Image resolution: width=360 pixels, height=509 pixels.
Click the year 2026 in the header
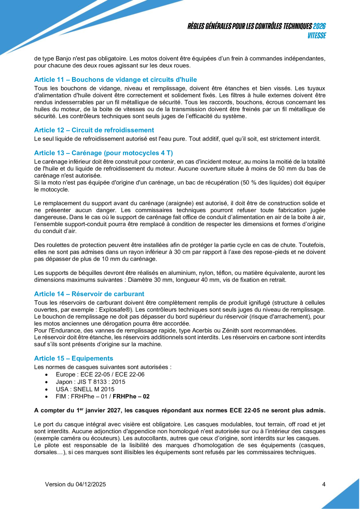click(x=319, y=26)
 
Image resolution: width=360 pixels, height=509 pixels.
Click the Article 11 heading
click(x=115, y=79)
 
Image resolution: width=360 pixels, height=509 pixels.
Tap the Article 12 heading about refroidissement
click(x=94, y=130)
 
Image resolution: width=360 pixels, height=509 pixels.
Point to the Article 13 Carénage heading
click(x=103, y=153)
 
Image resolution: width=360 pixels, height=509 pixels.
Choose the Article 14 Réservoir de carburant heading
click(x=89, y=294)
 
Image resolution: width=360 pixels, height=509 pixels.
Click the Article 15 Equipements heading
click(x=74, y=358)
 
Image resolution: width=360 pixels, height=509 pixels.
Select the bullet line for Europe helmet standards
click(x=100, y=375)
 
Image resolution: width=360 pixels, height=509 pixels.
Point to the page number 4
click(x=324, y=484)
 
